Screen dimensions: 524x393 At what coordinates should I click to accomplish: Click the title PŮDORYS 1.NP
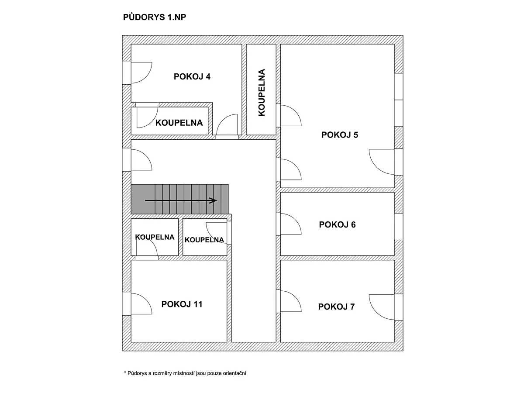[x=155, y=17]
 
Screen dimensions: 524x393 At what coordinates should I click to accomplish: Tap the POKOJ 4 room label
[x=192, y=76]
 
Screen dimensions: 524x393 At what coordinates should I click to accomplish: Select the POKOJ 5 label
[x=339, y=135]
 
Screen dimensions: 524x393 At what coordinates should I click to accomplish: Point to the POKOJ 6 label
[x=337, y=224]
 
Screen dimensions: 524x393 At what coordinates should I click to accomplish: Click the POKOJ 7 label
[x=336, y=307]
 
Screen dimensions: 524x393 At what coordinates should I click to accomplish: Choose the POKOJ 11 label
[x=182, y=304]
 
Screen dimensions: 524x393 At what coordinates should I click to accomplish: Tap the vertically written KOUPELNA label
[x=262, y=93]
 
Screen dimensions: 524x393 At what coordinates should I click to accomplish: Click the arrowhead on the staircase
[x=213, y=200]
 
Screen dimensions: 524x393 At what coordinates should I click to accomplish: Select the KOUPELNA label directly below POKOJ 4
[x=179, y=123]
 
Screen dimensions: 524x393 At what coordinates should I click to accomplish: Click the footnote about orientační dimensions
[x=185, y=373]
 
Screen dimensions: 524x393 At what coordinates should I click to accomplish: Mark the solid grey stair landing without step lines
[x=143, y=199]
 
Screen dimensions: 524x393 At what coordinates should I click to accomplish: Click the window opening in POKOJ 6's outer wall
[x=398, y=227]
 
